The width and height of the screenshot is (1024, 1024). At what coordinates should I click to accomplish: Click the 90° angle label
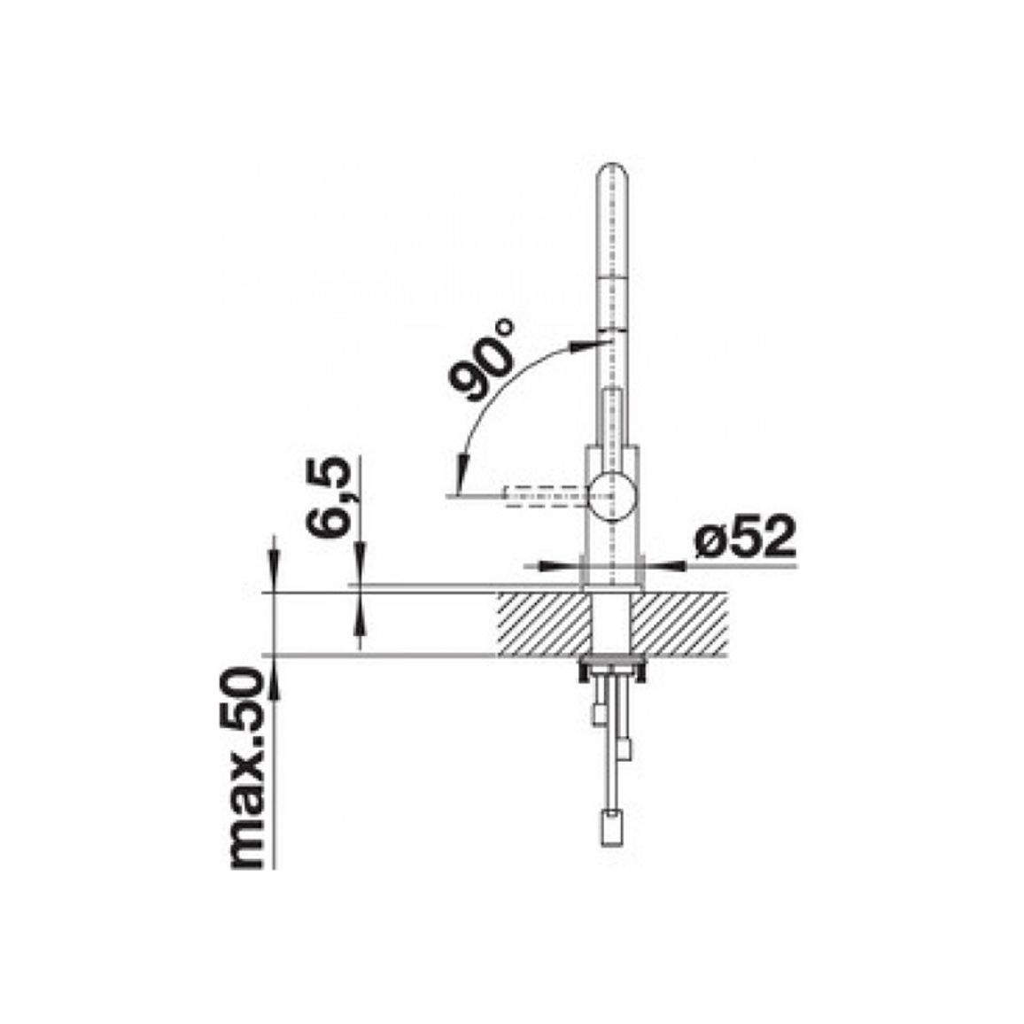(x=484, y=361)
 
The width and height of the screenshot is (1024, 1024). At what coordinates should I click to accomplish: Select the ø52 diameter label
(x=746, y=537)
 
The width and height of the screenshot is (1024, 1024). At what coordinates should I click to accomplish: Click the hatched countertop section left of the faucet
(x=542, y=624)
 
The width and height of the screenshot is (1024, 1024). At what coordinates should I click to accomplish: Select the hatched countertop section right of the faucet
(x=679, y=624)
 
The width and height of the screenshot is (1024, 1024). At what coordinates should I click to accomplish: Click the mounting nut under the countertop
(x=611, y=667)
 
